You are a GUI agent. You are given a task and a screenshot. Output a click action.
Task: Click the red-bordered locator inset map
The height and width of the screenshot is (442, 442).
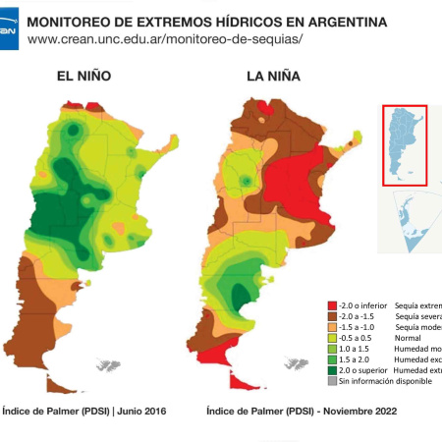tap(404, 144)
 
